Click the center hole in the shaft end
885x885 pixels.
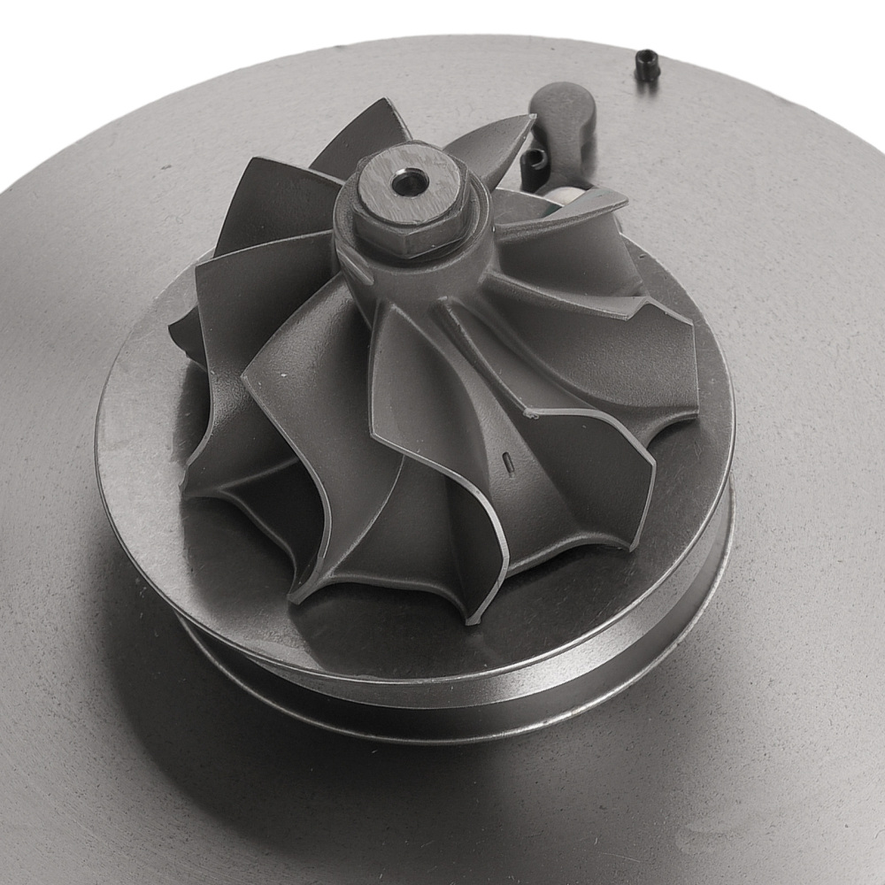tap(410, 182)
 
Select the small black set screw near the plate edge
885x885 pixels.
tap(647, 65)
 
